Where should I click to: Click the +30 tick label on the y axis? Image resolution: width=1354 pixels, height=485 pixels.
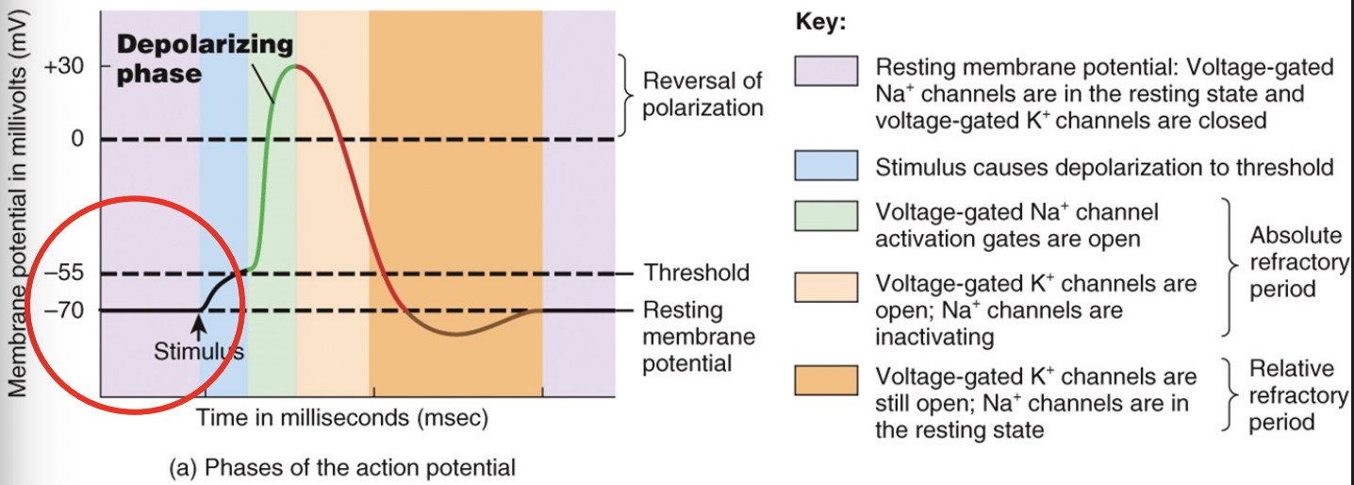[x=63, y=67]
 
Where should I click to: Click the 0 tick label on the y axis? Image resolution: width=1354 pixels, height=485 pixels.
[x=77, y=140]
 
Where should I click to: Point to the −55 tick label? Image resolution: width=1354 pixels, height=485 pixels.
[x=64, y=274]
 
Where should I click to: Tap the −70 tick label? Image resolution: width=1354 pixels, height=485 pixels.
[x=64, y=310]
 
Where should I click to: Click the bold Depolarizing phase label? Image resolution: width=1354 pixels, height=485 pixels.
[x=204, y=59]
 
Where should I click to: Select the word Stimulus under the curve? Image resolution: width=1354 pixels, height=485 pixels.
[x=198, y=352]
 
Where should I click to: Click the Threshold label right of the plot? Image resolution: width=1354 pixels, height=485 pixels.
[x=696, y=274]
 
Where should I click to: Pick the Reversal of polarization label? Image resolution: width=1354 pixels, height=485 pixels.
[x=702, y=94]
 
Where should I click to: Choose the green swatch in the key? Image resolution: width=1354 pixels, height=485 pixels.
[x=826, y=217]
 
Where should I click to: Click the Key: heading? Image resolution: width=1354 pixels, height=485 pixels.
[x=820, y=24]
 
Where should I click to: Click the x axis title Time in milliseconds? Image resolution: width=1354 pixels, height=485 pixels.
[x=341, y=417]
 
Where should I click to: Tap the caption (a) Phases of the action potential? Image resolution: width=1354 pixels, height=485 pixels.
[x=341, y=467]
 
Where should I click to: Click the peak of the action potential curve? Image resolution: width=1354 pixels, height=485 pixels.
[x=295, y=66]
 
